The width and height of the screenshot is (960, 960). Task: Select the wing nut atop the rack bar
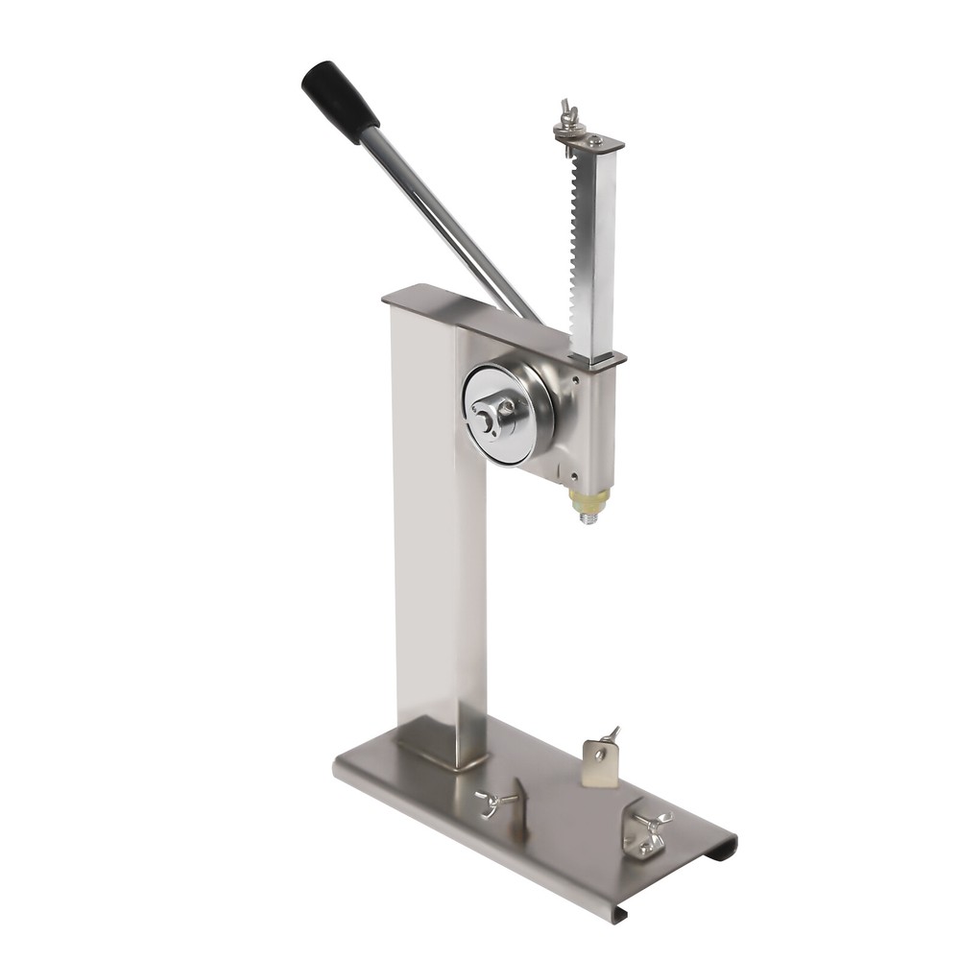(569, 112)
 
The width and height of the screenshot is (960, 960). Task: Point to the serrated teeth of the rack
(577, 250)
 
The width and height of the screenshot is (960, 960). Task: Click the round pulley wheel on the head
(508, 414)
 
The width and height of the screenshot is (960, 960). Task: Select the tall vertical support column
(437, 538)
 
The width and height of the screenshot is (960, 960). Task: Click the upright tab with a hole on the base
(600, 763)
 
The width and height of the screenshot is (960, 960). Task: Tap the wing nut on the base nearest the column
(493, 802)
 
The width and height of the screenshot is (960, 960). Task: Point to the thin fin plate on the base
(519, 806)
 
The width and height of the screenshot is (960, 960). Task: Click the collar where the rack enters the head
(598, 361)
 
